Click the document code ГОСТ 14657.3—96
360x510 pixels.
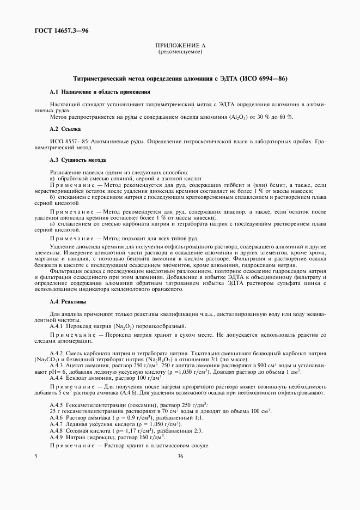(62, 31)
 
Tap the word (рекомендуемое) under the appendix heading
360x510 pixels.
(180, 52)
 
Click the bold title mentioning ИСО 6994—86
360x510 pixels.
(180, 79)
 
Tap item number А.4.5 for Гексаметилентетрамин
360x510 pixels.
(57, 405)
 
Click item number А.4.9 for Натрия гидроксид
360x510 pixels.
(57, 437)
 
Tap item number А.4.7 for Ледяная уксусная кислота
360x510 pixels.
(57, 424)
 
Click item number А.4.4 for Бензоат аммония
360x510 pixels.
(57, 378)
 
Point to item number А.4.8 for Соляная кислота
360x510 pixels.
(57, 430)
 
